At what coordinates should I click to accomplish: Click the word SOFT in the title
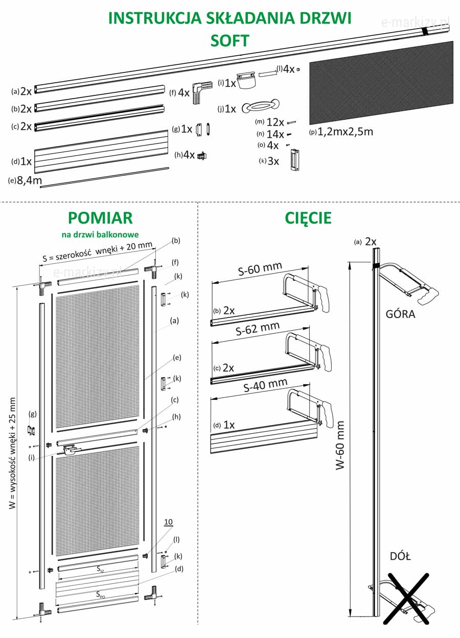tap(230, 40)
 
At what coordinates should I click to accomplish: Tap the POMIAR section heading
tap(100, 218)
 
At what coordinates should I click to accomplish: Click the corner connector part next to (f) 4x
tap(202, 92)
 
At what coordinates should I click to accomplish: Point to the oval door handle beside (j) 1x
tap(260, 107)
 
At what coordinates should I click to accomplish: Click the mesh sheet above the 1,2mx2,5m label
tap(381, 83)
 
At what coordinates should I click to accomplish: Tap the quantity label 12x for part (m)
tap(275, 122)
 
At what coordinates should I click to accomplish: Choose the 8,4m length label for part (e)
tap(29, 180)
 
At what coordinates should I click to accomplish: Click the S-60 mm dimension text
tap(260, 268)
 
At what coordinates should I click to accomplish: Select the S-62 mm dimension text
tap(258, 328)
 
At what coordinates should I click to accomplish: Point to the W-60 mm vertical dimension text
tap(340, 445)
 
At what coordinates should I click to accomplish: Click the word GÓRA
tap(400, 314)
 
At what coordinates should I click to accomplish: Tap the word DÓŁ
tap(400, 556)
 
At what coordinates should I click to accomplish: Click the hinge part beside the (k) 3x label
tap(294, 159)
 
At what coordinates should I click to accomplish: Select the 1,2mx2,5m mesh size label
tap(345, 132)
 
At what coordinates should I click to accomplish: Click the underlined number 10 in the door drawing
tap(168, 522)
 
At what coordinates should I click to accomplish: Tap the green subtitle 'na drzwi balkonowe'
tap(100, 235)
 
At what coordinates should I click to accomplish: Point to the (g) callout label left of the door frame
tap(33, 414)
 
